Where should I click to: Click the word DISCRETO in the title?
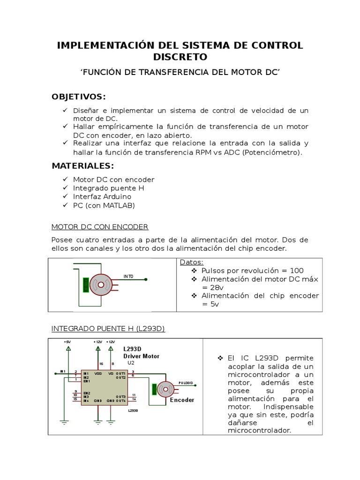180,57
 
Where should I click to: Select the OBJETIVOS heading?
79,97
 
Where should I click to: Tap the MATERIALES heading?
82,166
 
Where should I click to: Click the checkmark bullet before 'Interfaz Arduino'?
65,196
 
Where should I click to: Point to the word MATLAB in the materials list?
119,205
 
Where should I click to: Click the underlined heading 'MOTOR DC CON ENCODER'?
99,227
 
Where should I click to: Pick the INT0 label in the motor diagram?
128,277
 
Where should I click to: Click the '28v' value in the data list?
216,287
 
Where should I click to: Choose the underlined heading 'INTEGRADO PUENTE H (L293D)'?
108,329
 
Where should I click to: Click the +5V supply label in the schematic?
68,342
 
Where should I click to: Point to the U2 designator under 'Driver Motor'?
131,363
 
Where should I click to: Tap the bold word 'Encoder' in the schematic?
182,400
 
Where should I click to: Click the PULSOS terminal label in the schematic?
186,382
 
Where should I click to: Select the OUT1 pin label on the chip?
120,374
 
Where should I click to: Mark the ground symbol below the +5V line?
65,421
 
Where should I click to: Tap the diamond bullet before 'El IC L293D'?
220,358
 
